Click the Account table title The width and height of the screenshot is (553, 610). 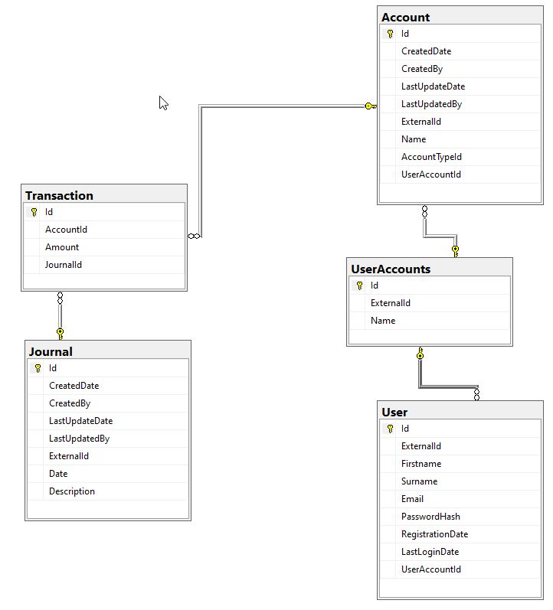405,17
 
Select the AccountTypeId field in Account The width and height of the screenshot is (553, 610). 431,157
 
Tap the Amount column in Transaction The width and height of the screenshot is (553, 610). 62,247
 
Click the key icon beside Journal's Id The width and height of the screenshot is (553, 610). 38,368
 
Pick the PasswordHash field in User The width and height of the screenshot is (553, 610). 430,517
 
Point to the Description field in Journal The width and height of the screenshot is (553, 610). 72,491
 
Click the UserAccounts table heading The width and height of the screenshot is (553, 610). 391,269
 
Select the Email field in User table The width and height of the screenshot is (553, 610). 412,499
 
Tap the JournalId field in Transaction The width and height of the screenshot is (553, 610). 64,265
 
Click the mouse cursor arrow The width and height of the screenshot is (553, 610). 163,103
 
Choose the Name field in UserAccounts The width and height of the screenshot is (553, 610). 383,321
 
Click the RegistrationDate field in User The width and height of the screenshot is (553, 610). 434,534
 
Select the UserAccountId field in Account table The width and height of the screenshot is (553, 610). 431,175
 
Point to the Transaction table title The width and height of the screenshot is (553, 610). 59,195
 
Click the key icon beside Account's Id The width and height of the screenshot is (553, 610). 390,34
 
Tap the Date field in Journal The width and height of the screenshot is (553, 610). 58,474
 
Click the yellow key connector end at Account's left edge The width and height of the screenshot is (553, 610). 370,106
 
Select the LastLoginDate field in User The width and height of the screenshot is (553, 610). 430,552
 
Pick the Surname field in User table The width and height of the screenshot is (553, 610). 419,481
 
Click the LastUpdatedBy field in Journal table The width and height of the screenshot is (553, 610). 79,439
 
